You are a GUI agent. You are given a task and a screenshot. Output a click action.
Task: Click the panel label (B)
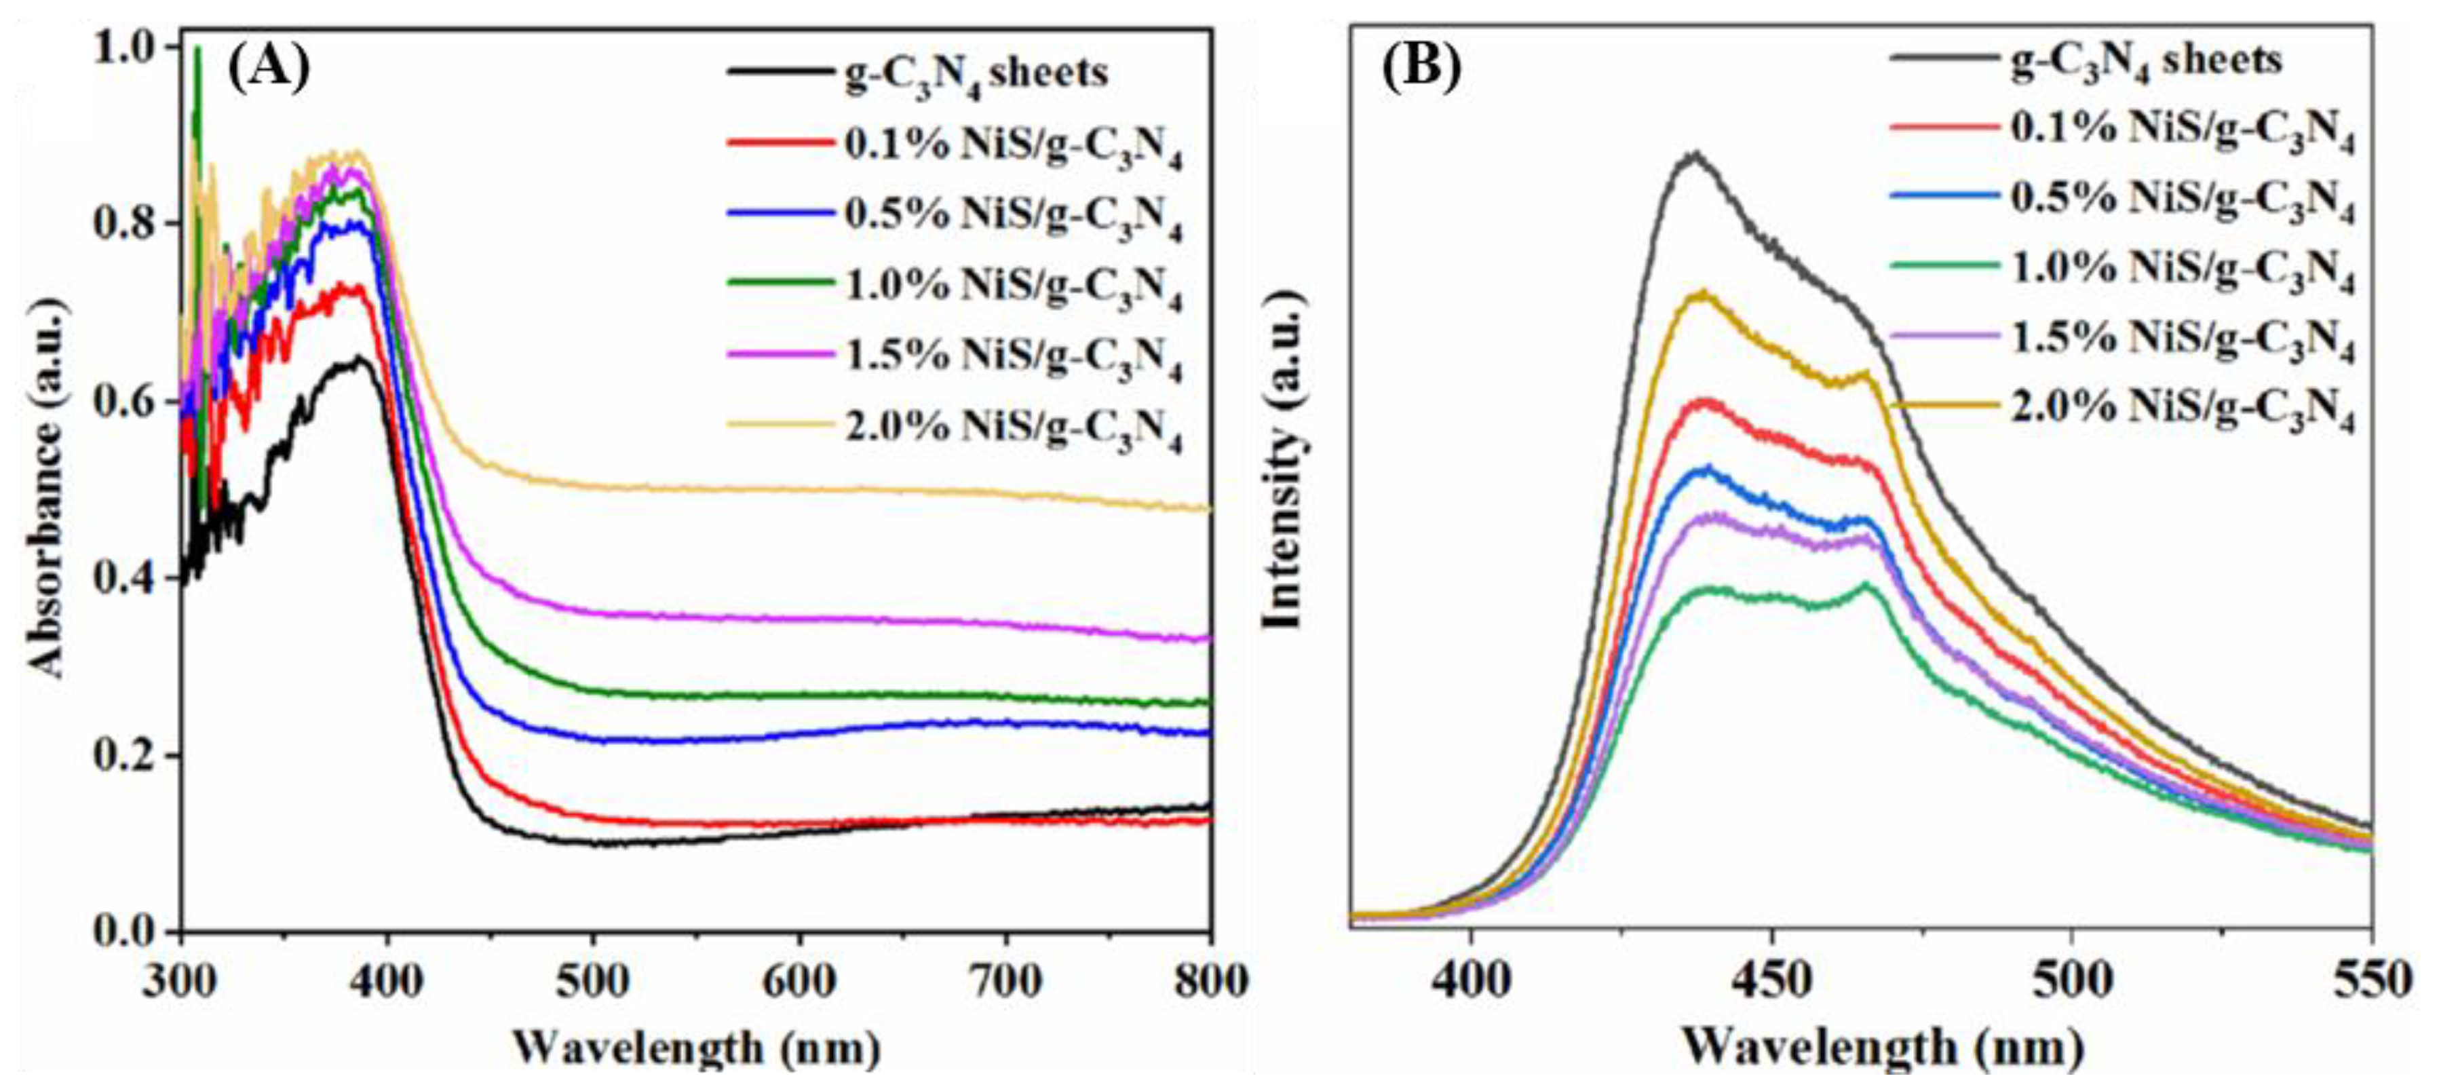(1421, 66)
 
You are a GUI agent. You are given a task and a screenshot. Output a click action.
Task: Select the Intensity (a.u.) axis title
(1284, 460)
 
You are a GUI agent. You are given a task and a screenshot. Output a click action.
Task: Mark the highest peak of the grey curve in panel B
(1695, 153)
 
